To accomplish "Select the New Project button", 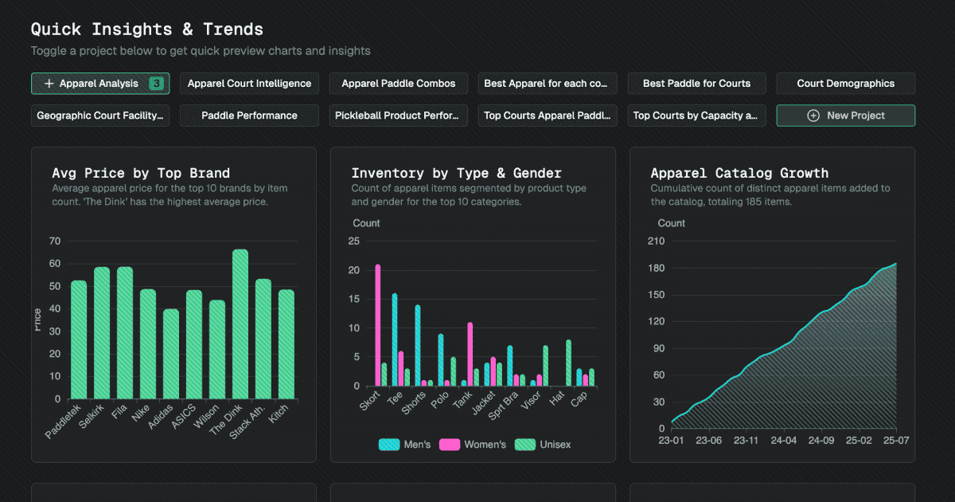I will [845, 116].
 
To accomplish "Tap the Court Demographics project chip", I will [845, 84].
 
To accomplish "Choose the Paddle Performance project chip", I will [249, 116].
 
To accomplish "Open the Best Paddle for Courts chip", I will [696, 84].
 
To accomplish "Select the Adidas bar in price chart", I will [171, 354].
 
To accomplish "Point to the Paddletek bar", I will [79, 339].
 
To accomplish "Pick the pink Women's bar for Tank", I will [470, 354].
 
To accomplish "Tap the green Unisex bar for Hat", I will [568, 363].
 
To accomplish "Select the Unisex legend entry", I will [542, 445].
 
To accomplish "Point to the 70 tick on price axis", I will [55, 241].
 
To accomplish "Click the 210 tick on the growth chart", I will [654, 241].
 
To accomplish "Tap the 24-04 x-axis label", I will [784, 439].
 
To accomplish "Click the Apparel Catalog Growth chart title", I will [739, 173].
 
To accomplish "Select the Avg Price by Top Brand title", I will [141, 173].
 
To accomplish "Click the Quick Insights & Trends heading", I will [147, 29].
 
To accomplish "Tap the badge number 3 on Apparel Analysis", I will [157, 84].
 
